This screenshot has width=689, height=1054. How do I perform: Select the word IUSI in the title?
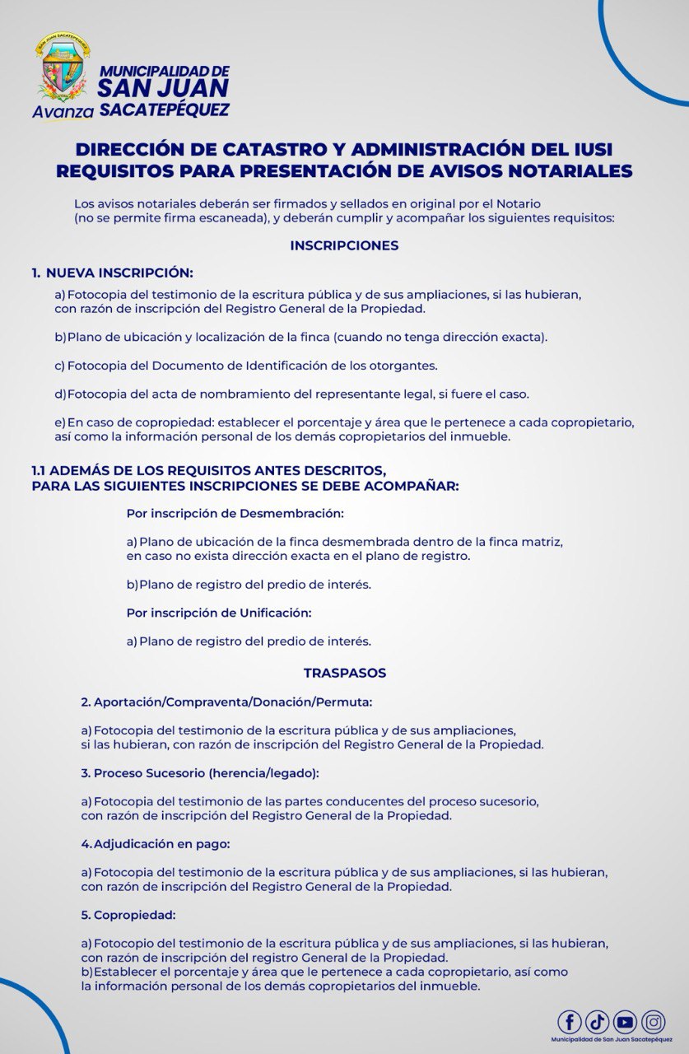tap(586, 150)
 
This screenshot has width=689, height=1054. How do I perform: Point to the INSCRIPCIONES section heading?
tap(344, 245)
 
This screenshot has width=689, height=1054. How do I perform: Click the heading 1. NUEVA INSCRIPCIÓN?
tap(112, 273)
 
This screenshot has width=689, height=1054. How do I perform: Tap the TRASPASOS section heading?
tap(344, 673)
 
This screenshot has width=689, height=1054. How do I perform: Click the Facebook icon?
tap(570, 1022)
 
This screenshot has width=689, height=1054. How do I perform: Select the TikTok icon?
tap(598, 1022)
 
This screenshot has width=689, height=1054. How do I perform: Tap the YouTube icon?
tap(626, 1022)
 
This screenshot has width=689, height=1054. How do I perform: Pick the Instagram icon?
tap(654, 1022)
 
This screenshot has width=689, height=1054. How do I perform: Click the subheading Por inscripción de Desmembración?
tap(235, 513)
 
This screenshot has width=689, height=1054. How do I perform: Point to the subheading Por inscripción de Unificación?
tap(219, 613)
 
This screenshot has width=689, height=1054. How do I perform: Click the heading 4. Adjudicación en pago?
tap(156, 844)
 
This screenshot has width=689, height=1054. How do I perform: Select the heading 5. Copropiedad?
tap(128, 915)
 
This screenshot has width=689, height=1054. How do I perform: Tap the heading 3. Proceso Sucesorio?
tap(199, 773)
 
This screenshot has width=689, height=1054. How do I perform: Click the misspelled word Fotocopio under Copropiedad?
tap(123, 943)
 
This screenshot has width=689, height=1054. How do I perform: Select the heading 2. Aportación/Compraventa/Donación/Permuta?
tap(226, 702)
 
